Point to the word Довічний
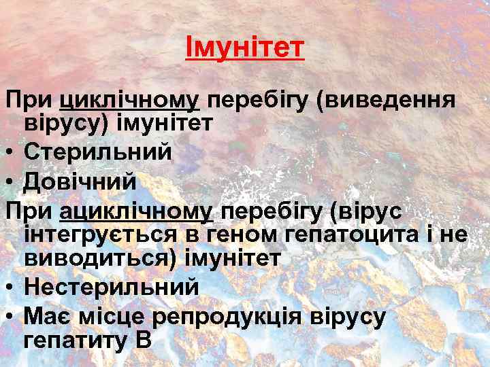80,182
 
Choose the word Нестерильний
112,287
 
